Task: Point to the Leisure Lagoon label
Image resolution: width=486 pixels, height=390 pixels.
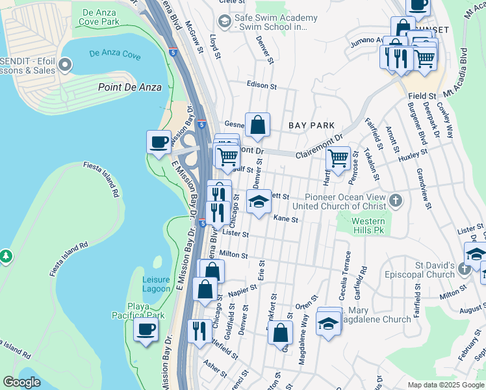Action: coord(156,285)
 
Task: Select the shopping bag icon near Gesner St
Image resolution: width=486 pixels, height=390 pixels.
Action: coord(257,123)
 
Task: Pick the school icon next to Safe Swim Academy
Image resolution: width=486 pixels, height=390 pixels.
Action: coord(225,22)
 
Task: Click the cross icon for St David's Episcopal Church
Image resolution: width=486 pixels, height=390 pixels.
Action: coord(464,268)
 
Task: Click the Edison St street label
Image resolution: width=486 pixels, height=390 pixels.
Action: coord(262,85)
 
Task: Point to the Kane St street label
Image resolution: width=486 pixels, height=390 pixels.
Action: coord(285,220)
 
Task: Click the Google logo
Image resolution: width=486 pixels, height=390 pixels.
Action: coord(21,382)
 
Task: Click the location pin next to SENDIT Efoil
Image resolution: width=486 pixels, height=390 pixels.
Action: coord(65,64)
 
